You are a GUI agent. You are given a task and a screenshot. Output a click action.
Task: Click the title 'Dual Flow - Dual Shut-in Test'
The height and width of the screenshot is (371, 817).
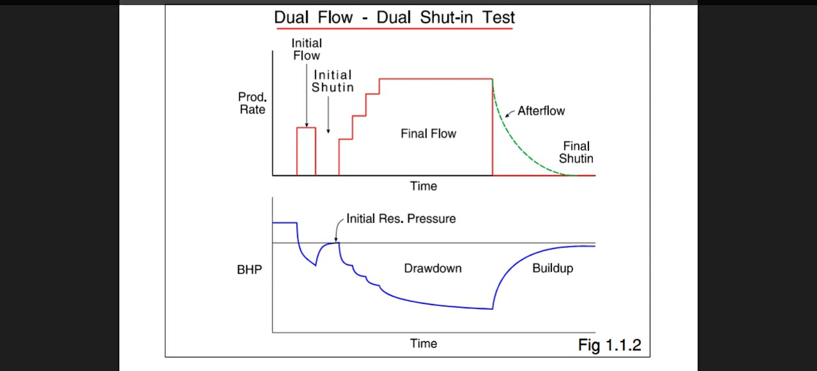coord(394,18)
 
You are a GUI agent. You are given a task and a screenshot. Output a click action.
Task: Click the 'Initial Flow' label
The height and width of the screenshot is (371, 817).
coord(306,49)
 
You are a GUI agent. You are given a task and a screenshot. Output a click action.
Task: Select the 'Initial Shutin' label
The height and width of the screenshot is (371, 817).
coord(332,81)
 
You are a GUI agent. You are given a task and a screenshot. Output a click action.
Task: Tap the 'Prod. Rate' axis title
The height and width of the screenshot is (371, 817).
coord(252,103)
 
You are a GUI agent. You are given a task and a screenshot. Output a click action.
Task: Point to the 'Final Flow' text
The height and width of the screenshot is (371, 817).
coord(428,134)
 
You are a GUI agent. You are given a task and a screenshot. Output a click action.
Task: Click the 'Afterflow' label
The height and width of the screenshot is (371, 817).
coord(541,111)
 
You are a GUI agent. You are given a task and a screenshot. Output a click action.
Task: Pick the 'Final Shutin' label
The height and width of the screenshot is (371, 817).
coord(576,152)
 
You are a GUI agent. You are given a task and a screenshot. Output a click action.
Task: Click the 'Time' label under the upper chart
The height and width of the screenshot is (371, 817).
coord(423,186)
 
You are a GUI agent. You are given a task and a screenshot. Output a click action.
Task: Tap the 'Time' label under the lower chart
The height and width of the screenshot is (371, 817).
coord(423,344)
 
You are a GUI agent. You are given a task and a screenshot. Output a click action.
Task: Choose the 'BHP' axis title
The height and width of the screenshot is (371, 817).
coord(249,270)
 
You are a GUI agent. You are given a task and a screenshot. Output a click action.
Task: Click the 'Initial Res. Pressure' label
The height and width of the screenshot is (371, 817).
coord(401,219)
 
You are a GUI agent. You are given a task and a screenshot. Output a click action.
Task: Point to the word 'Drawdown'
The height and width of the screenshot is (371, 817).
coord(432,268)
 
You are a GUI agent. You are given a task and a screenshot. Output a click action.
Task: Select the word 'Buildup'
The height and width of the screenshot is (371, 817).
coord(552,268)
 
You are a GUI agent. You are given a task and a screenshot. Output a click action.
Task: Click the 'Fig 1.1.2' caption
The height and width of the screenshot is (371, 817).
coord(609,346)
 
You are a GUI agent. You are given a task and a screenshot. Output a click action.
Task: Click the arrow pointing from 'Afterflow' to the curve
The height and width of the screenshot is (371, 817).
coord(510,114)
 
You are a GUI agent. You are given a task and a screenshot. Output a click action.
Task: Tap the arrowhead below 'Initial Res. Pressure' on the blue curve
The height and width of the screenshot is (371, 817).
coord(336,239)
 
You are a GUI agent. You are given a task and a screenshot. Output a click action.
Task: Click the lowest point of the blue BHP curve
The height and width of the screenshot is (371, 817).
coord(492,309)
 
